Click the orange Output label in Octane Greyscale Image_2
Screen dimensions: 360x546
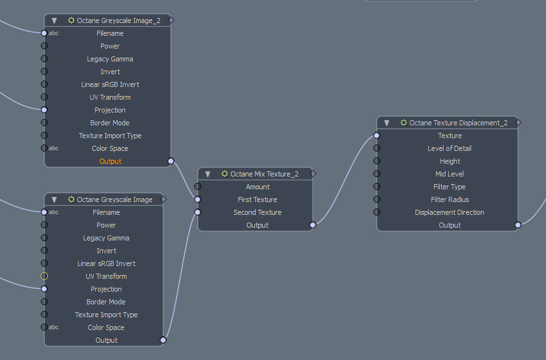coord(110,161)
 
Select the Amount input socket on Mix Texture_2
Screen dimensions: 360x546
coord(198,187)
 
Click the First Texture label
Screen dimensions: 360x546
coord(257,200)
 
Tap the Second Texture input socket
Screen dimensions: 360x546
coord(198,212)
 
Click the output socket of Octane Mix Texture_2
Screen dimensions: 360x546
coord(313,225)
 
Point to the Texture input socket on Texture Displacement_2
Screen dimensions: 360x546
coord(377,136)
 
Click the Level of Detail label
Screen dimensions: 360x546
coord(449,148)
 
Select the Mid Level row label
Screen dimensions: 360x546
coord(449,174)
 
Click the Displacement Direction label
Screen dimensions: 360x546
coord(449,212)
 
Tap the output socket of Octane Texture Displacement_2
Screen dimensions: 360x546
coord(518,225)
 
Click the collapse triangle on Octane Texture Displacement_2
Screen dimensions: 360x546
coord(387,123)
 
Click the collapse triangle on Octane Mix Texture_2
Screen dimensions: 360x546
coord(208,174)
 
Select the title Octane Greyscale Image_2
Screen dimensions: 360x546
coord(114,20)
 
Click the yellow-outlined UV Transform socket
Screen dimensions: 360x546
coord(44,276)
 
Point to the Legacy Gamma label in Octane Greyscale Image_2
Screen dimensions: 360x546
coord(110,59)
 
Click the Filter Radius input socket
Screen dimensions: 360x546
coord(377,200)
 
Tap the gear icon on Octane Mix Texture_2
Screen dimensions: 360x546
coord(224,174)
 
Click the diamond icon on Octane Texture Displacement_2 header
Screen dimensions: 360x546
coord(519,122)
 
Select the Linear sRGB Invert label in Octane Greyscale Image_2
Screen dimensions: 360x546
coord(110,84)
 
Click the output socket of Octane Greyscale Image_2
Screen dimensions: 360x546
coord(171,161)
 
